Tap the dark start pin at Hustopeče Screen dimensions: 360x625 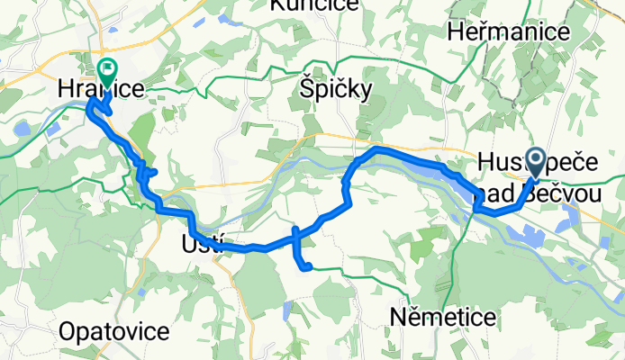(x=534, y=163)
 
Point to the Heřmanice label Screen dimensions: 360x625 (x=509, y=32)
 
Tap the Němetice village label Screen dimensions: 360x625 (x=443, y=317)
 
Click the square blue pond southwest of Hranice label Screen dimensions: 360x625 (x=52, y=128)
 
